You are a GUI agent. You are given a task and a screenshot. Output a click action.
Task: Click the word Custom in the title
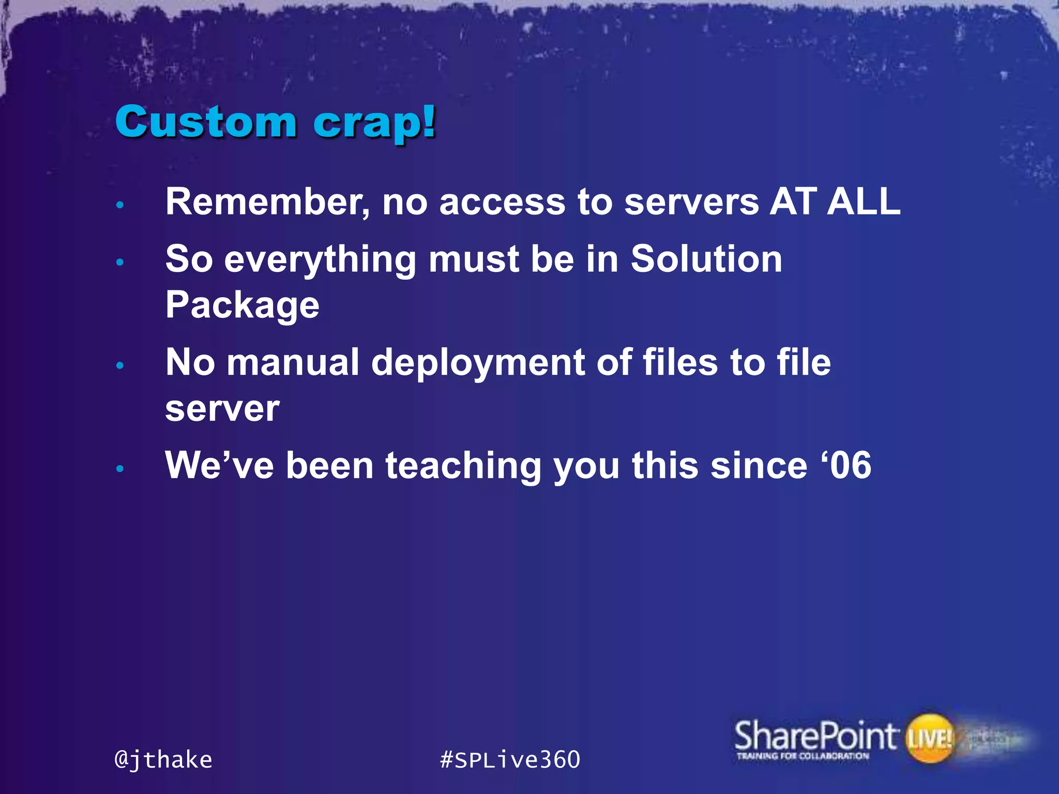(205, 122)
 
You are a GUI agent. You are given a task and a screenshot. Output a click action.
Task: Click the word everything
(320, 259)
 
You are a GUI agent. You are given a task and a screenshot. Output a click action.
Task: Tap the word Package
(242, 305)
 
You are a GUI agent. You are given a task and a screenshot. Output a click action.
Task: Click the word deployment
(478, 363)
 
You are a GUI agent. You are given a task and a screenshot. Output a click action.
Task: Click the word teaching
(463, 466)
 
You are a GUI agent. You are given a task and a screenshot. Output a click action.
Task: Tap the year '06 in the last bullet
(846, 465)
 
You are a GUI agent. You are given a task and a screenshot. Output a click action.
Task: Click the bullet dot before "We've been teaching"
(120, 469)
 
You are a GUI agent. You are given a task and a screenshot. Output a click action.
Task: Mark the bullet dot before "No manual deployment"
(120, 365)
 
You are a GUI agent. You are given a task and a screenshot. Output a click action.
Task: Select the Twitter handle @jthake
(163, 760)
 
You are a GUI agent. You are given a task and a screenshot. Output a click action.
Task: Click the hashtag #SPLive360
(510, 760)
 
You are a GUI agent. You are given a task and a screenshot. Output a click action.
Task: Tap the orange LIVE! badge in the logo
(930, 738)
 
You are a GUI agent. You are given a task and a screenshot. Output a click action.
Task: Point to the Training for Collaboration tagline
(803, 756)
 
